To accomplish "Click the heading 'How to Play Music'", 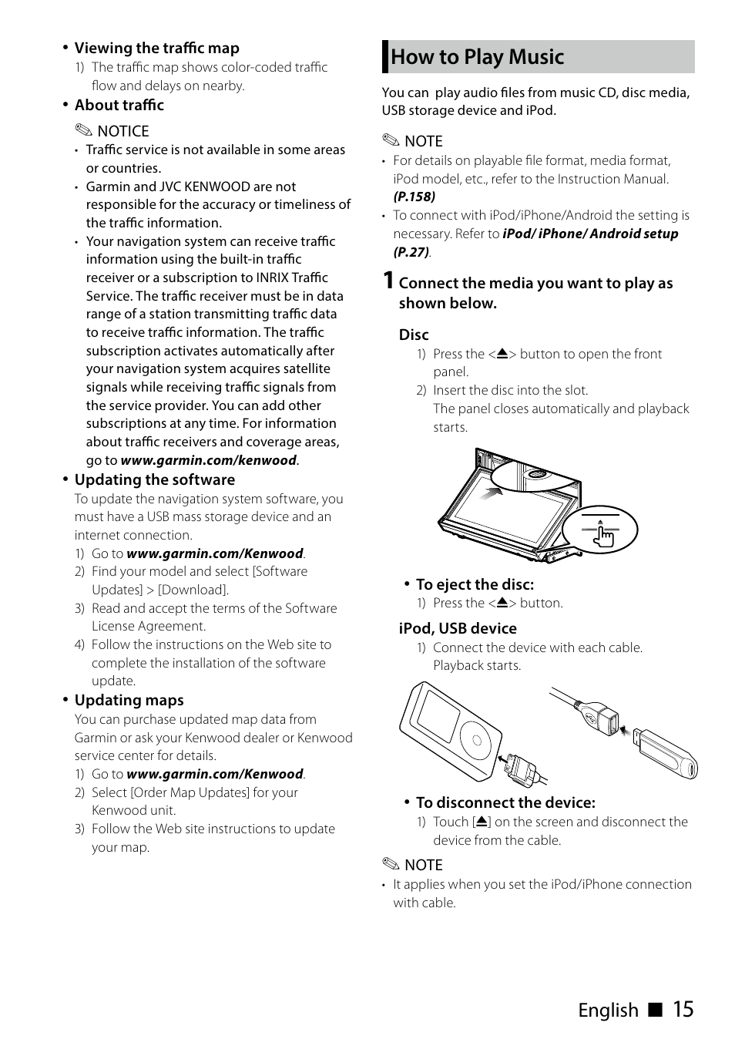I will [477, 57].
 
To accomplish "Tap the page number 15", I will [683, 1009].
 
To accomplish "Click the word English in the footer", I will [608, 1011].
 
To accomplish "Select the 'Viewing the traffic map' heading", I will [156, 48].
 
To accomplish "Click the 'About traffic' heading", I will [119, 105].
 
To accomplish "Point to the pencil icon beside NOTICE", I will [83, 131].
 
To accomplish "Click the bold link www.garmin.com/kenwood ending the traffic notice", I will [208, 460].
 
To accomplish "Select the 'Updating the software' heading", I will [154, 479].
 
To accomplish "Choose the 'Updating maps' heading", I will [129, 700].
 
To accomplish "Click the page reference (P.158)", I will [414, 197].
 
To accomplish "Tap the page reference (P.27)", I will [411, 252].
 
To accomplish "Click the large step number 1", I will [389, 281].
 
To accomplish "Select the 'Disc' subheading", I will [414, 335].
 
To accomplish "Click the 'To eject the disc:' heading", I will [475, 584].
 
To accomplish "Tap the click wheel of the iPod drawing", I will [476, 741].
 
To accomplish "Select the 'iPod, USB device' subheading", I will [458, 628].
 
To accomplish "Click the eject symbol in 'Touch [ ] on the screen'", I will [482, 822].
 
